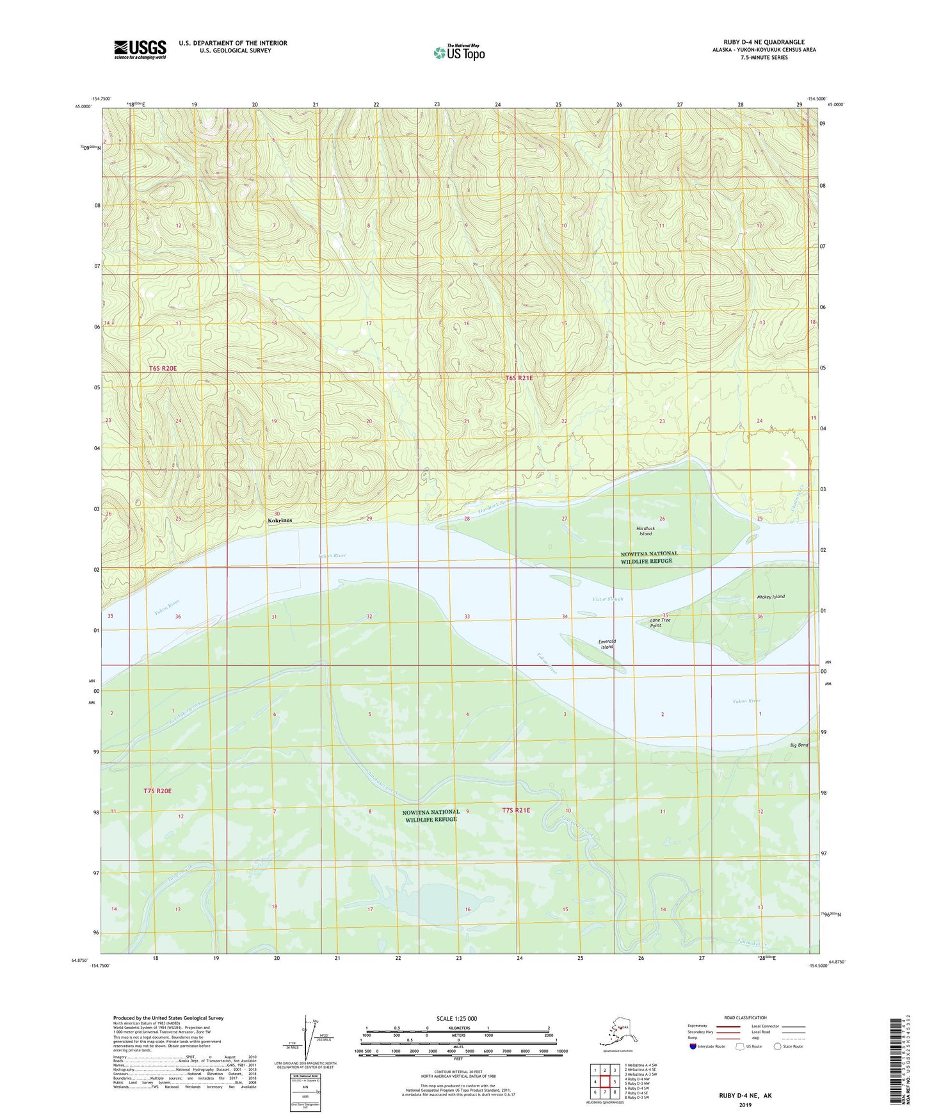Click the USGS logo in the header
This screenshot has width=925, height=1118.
(140, 49)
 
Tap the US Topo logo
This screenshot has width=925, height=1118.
(459, 53)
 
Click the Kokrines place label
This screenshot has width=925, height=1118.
(280, 521)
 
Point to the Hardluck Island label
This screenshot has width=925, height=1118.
(645, 531)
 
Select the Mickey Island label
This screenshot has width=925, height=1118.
(770, 597)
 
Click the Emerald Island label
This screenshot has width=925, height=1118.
(607, 644)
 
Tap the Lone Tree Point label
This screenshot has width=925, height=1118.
(660, 622)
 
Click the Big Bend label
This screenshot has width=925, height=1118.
(799, 745)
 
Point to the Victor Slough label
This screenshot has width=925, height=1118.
(607, 599)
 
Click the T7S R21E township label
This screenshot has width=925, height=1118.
(516, 810)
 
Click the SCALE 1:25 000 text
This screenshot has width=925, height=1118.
(457, 1018)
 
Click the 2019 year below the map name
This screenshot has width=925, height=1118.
(745, 1105)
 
